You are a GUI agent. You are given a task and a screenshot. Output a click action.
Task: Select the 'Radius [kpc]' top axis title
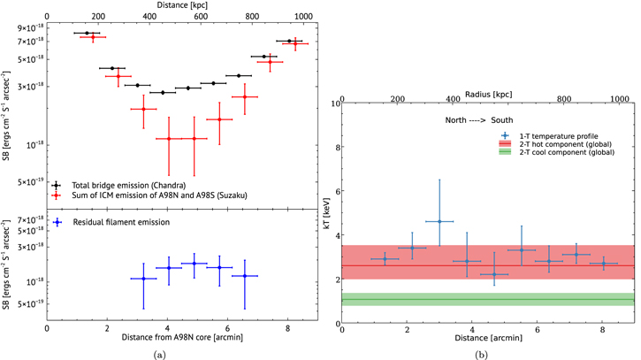(488, 92)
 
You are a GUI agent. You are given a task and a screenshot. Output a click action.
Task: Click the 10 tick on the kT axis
(335, 103)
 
